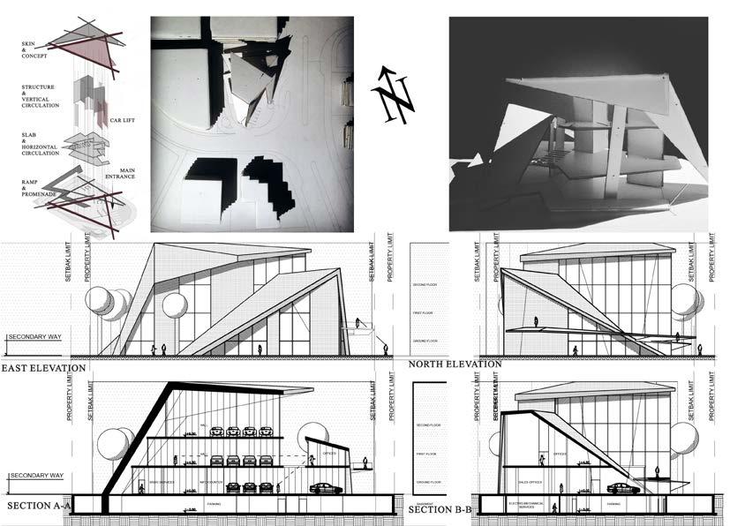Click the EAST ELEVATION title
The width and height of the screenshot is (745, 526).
tap(43, 367)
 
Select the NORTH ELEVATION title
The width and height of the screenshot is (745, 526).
tap(455, 364)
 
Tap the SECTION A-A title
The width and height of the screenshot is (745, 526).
tap(39, 506)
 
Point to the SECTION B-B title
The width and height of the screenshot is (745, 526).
tap(440, 510)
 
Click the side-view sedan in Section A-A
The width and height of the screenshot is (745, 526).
tap(326, 488)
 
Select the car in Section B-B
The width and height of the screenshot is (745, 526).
tap(623, 488)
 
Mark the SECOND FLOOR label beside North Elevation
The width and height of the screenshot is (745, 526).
tap(426, 286)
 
